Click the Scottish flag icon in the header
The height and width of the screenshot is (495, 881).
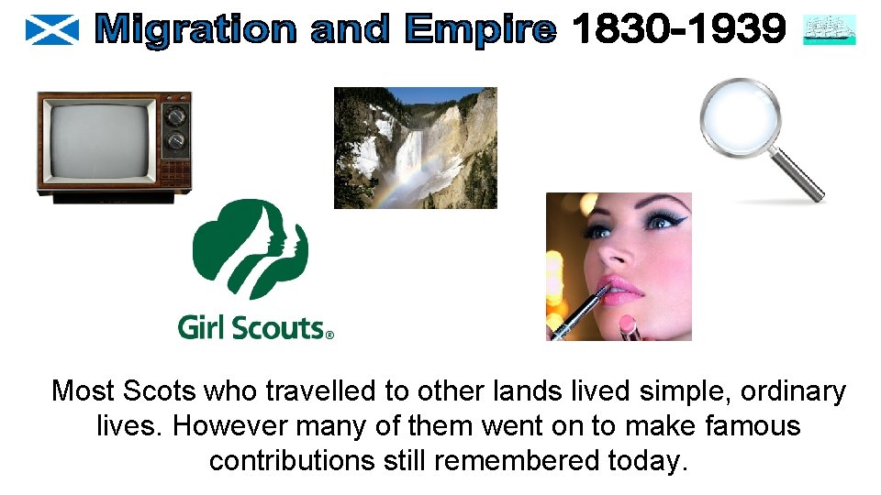pos(52,30)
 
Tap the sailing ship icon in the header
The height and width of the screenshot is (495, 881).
pos(829,30)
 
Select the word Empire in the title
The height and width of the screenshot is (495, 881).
pos(481,31)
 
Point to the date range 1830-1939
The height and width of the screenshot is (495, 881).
pos(678,31)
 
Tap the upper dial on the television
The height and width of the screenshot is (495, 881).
pos(174,116)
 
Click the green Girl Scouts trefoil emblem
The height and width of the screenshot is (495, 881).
pos(251,247)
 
